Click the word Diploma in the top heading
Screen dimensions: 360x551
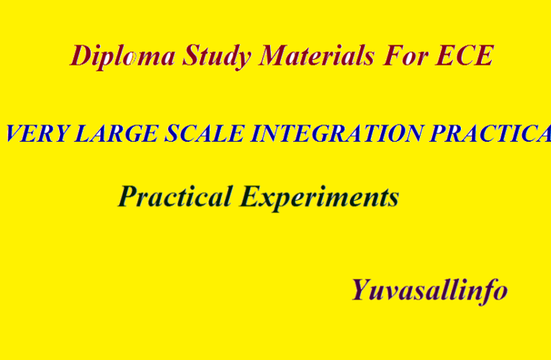(x=122, y=56)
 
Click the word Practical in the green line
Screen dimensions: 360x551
(x=176, y=196)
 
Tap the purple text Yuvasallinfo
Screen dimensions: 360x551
(x=429, y=289)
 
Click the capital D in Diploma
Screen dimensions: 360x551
(x=81, y=55)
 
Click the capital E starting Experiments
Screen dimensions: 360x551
(x=249, y=195)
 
